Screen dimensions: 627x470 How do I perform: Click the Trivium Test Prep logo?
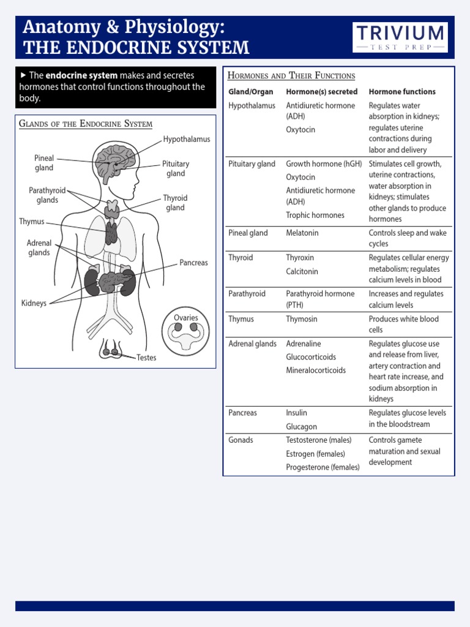click(x=400, y=37)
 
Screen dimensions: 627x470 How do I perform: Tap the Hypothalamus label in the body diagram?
click(x=186, y=139)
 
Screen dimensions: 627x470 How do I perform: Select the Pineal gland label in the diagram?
click(x=44, y=163)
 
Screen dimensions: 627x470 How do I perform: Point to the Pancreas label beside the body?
click(x=193, y=263)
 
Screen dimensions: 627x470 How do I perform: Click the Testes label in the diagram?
click(x=146, y=358)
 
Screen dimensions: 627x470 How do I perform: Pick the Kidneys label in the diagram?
click(x=34, y=303)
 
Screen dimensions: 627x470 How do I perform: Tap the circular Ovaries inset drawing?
click(x=185, y=332)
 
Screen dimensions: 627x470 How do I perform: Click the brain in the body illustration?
click(x=114, y=160)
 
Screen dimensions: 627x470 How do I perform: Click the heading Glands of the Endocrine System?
click(x=86, y=124)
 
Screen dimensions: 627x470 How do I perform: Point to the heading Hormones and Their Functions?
click(x=291, y=75)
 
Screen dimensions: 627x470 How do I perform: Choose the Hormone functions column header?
click(x=402, y=92)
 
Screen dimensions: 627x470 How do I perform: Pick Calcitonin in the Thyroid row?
click(x=302, y=271)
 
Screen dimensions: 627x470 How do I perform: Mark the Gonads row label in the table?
click(x=241, y=440)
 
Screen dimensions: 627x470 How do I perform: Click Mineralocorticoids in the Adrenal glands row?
click(x=316, y=370)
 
